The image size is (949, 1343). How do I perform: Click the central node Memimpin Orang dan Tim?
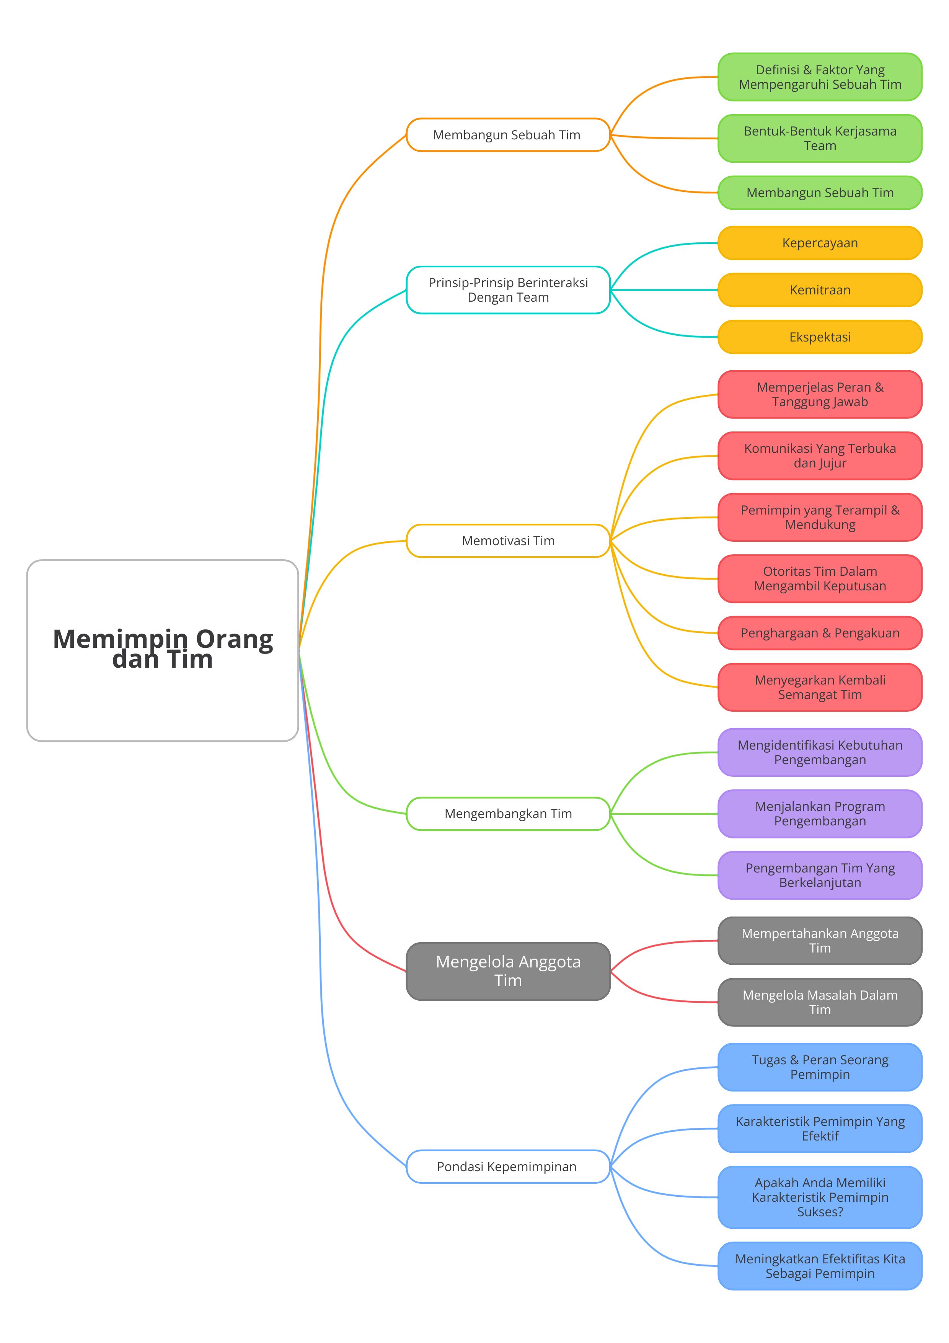point(163,650)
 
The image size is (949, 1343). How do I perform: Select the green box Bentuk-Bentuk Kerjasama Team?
point(820,139)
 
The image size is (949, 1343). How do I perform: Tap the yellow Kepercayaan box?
point(820,243)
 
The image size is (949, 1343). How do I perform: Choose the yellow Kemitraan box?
point(820,290)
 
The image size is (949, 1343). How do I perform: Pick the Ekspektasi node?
point(820,337)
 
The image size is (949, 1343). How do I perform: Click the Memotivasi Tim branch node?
point(508,541)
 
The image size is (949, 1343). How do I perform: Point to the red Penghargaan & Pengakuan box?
point(820,633)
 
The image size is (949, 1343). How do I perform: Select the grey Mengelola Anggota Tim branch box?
point(508,971)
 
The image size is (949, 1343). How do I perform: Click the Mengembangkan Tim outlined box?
point(508,814)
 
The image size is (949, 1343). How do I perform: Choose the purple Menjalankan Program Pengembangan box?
point(820,814)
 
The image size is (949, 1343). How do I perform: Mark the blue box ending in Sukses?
point(820,1198)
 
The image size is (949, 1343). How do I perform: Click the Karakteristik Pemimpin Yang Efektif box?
point(820,1128)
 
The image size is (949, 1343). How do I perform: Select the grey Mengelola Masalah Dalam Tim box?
point(820,1002)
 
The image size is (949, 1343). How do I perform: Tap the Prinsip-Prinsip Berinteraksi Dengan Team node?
point(508,290)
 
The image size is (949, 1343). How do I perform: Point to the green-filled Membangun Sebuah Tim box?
point(820,193)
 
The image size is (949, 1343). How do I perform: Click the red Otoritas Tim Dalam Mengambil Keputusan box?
point(820,578)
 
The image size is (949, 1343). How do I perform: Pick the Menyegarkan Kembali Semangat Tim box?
point(820,687)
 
